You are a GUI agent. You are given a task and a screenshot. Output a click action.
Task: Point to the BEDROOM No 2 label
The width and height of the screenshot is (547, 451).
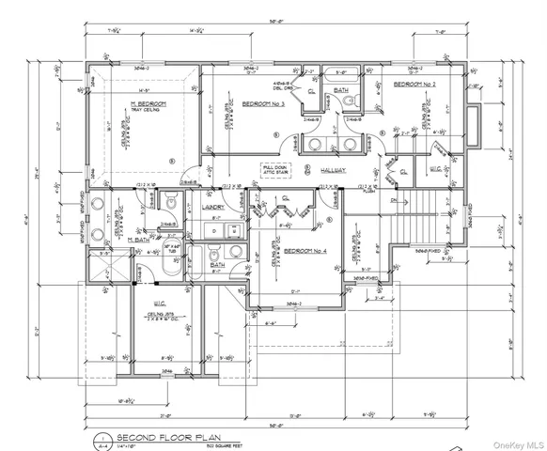(416, 84)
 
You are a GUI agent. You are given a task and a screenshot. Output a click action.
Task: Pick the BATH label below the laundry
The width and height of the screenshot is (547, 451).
(217, 265)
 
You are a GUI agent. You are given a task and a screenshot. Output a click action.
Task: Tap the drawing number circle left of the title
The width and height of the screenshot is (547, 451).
(97, 438)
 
